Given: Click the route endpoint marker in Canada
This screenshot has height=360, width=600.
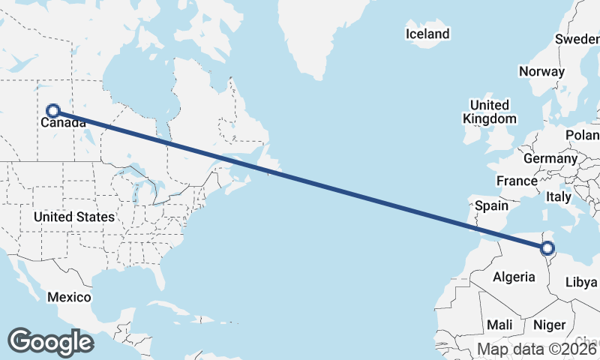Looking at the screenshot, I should (52, 111).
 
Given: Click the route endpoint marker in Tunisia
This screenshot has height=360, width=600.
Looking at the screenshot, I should (547, 248).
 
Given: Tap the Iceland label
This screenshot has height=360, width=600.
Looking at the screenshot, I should (427, 34).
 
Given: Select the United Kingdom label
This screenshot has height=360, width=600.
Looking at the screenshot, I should (489, 112).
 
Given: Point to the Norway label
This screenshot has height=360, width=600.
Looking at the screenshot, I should (541, 72).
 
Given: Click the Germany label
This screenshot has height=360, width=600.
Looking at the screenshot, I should (550, 159).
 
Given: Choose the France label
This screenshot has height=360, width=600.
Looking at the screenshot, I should (517, 181).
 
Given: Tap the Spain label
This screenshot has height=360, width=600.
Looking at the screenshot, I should (491, 205).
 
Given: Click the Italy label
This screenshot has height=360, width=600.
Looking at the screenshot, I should (558, 196).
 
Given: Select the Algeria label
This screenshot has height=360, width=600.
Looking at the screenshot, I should (514, 277).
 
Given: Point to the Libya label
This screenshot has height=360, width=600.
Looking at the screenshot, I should (581, 283).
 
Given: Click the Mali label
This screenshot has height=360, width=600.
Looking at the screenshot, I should (499, 325).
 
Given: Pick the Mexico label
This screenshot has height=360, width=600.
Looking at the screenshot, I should (69, 297).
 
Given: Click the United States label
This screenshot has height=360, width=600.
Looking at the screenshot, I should (74, 217).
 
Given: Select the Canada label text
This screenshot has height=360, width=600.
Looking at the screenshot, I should (63, 122).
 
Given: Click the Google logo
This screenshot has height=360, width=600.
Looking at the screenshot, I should (50, 342).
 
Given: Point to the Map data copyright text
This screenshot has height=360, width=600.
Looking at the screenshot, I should (538, 349).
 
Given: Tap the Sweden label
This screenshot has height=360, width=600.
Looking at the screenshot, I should (578, 39).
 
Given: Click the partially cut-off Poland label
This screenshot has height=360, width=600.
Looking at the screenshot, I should (584, 135).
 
